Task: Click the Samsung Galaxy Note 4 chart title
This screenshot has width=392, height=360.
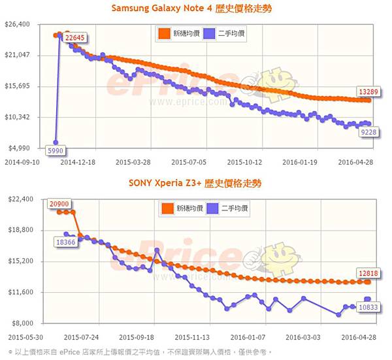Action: (x=195, y=8)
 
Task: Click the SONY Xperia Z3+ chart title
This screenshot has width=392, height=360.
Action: (x=196, y=184)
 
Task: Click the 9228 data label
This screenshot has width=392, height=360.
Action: (x=368, y=133)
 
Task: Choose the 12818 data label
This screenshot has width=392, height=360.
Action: (x=367, y=272)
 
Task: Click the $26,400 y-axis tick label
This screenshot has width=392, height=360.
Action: (x=18, y=24)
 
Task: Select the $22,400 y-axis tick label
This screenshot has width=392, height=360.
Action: (x=18, y=199)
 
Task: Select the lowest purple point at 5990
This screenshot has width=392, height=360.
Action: (x=56, y=142)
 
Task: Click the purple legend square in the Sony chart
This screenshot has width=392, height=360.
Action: (x=212, y=208)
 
